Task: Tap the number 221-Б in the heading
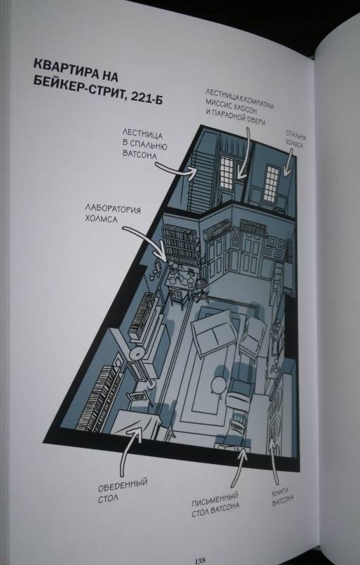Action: tap(146, 97)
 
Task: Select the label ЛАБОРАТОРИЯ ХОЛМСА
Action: tap(113, 214)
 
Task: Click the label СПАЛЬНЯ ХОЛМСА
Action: tap(296, 139)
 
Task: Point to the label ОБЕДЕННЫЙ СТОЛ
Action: tap(122, 489)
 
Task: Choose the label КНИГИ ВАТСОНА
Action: tap(282, 497)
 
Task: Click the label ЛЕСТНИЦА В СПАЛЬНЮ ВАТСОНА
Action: tap(145, 144)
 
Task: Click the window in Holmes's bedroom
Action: tap(272, 183)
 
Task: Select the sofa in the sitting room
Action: tap(213, 331)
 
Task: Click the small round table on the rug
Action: tap(218, 386)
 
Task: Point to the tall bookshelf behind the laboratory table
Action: tap(181, 246)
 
